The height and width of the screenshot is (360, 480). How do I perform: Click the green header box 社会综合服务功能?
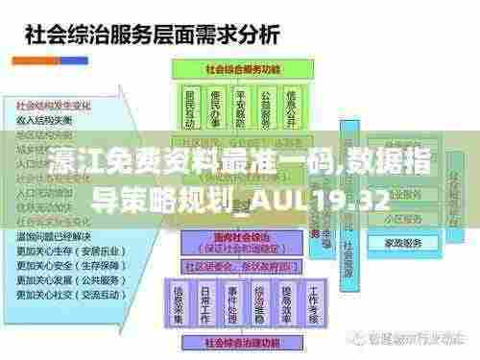pos(246,69)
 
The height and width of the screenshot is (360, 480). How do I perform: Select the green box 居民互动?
pos(190,107)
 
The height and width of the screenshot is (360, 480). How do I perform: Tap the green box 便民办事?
pos(217,107)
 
